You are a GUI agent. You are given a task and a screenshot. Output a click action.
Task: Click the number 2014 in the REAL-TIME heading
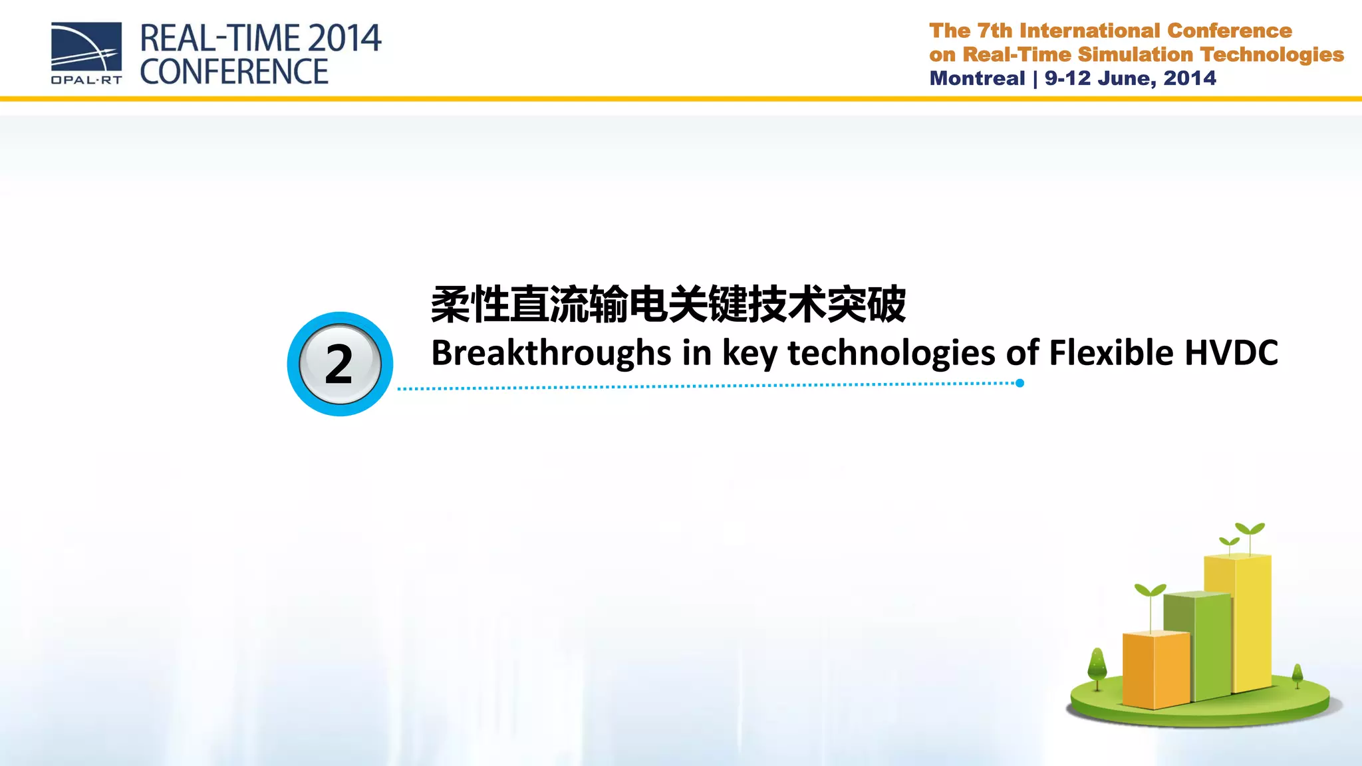click(344, 38)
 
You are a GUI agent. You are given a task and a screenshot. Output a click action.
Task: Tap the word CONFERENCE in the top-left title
click(234, 72)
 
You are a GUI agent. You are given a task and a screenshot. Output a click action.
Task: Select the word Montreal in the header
click(977, 78)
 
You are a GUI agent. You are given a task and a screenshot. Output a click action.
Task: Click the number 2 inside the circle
click(339, 364)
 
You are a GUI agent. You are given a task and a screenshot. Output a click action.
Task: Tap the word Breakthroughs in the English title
click(551, 352)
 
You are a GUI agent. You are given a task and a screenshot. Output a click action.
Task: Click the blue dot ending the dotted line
click(1020, 383)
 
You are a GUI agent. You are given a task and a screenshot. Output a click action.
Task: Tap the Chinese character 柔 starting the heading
click(451, 305)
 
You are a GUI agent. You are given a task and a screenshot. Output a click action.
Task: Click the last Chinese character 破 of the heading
click(886, 305)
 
